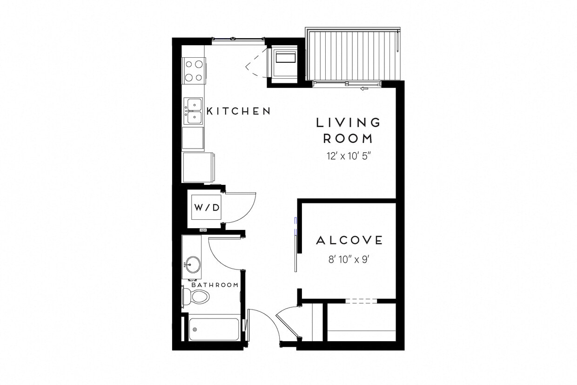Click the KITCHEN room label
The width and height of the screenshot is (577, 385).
[238, 111]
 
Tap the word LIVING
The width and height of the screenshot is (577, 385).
[349, 122]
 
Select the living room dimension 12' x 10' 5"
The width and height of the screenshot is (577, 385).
[349, 156]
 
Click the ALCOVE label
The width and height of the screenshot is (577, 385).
[349, 241]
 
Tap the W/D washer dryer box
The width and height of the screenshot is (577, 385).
[206, 208]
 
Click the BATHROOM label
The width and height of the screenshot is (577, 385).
[215, 285]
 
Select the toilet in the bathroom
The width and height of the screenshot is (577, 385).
[195, 296]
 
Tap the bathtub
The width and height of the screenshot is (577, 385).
[214, 329]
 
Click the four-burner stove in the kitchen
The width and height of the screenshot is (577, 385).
[193, 70]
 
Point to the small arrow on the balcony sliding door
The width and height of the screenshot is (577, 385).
[365, 88]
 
